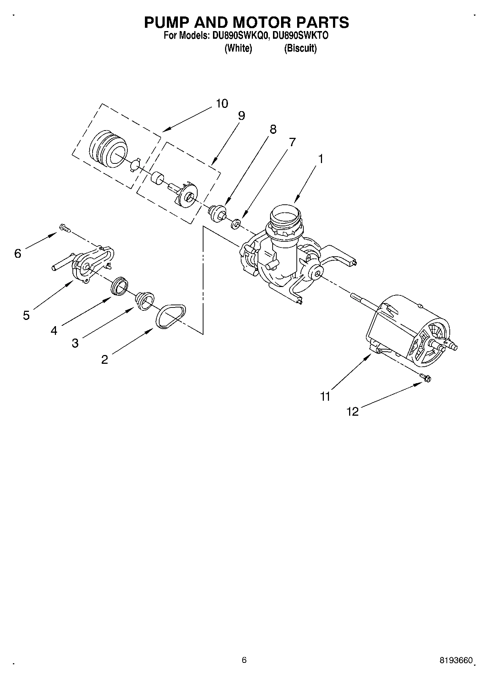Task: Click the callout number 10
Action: pyautogui.click(x=222, y=103)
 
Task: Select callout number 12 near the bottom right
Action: pyautogui.click(x=353, y=412)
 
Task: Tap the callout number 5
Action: pyautogui.click(x=26, y=315)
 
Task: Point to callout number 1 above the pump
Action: pyautogui.click(x=321, y=159)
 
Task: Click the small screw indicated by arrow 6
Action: pyautogui.click(x=64, y=228)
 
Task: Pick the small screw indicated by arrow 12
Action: pyautogui.click(x=426, y=377)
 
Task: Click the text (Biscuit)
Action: pyautogui.click(x=300, y=48)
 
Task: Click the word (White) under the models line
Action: pyautogui.click(x=238, y=48)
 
